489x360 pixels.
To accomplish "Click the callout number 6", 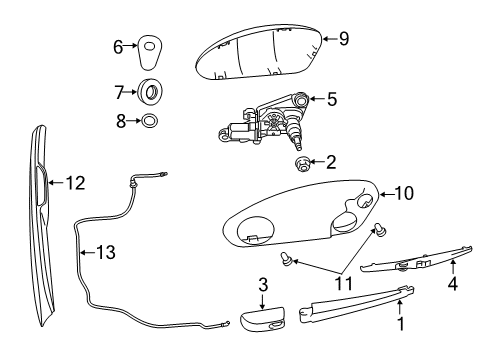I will tap(118, 45).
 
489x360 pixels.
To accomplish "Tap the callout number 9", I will tap(343, 40).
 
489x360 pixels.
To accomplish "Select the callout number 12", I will tap(76, 183).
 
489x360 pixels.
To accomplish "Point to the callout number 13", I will tap(105, 252).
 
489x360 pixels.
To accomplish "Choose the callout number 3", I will tap(264, 285).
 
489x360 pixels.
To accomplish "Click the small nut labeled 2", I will tap(301, 163).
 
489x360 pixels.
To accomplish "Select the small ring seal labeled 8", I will tap(148, 122).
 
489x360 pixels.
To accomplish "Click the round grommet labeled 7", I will tap(152, 93).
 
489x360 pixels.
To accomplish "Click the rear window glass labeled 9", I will tap(260, 55).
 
